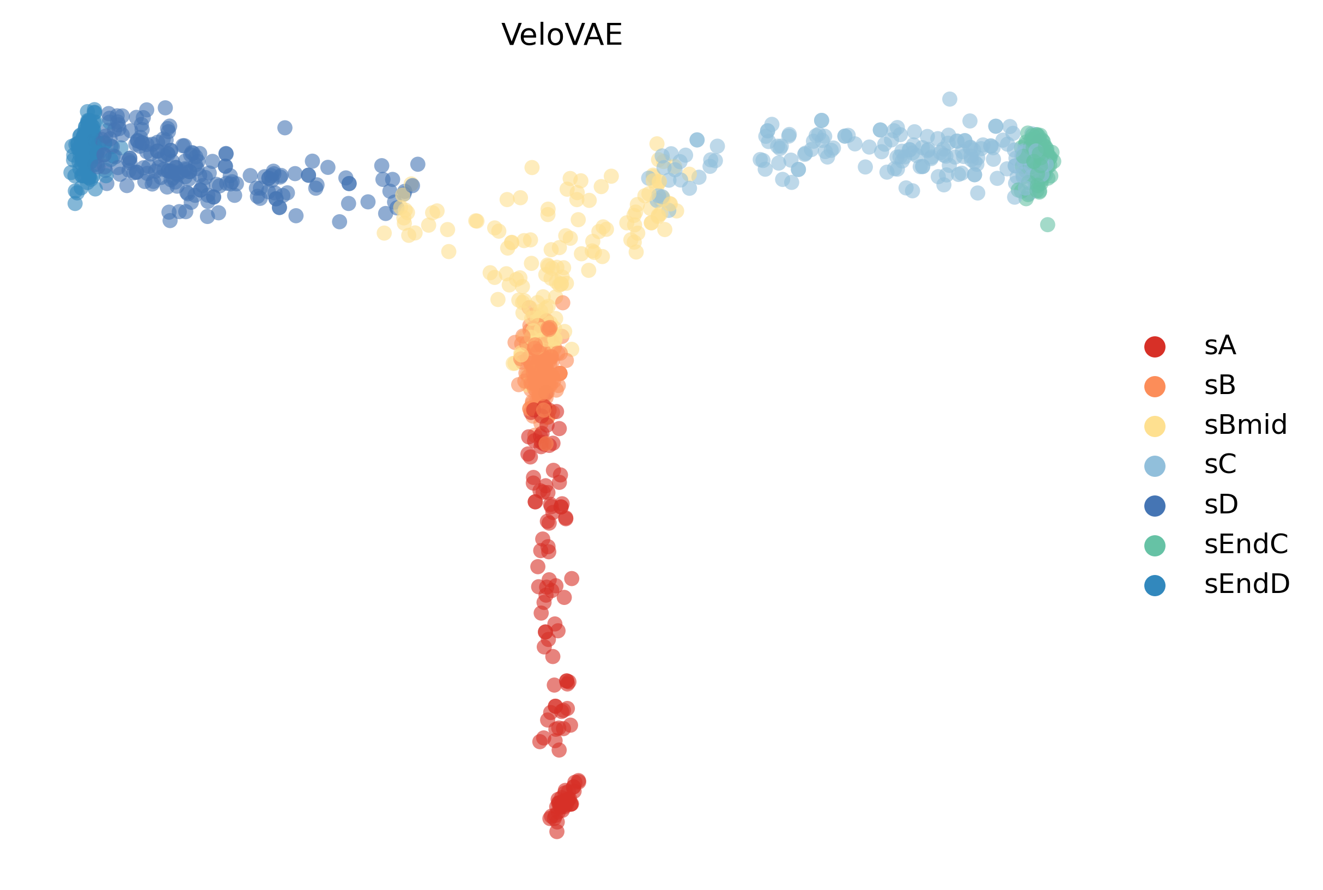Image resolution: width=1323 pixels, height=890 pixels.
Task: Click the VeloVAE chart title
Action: tap(562, 35)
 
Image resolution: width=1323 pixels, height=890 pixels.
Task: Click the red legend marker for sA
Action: tap(1155, 346)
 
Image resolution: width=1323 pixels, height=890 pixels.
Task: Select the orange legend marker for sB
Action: tap(1155, 386)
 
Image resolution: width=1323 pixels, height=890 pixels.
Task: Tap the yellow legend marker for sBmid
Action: tap(1155, 426)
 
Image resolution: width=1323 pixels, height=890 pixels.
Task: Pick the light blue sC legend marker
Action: tap(1155, 465)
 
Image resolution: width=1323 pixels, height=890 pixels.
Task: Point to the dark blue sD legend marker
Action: tap(1155, 505)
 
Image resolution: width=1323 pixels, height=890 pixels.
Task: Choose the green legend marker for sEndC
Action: tap(1155, 545)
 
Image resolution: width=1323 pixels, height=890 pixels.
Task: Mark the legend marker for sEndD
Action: tap(1155, 585)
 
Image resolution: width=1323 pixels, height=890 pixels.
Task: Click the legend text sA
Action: tap(1220, 346)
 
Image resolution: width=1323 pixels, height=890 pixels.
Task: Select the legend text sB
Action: tap(1220, 385)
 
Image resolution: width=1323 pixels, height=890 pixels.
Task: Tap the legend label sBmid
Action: tap(1245, 425)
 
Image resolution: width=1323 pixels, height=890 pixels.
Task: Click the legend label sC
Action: tap(1221, 465)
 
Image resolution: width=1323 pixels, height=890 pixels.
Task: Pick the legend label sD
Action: tap(1221, 505)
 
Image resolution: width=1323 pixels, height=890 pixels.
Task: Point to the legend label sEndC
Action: tap(1246, 544)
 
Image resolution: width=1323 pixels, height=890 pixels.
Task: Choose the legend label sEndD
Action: tap(1247, 584)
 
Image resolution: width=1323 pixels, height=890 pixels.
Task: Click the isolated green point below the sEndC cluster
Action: tap(1047, 225)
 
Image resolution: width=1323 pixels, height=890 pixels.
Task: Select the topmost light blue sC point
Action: tap(950, 99)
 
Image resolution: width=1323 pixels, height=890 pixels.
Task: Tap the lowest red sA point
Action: tap(557, 832)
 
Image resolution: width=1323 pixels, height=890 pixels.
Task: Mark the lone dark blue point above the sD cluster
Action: tap(285, 128)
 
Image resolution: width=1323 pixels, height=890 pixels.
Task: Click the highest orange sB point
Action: tap(562, 302)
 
